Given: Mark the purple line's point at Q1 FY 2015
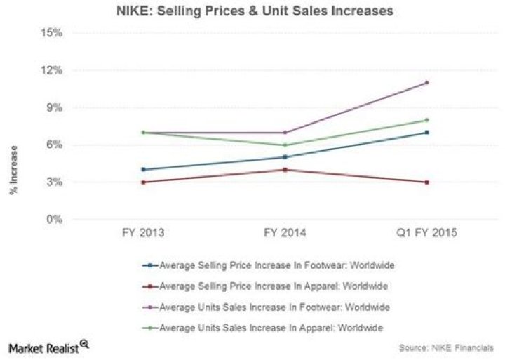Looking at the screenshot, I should (426, 83).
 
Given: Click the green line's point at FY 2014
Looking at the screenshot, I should (284, 145).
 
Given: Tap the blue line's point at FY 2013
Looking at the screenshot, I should (143, 170).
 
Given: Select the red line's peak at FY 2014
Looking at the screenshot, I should (284, 170).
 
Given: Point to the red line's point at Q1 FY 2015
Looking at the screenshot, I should (426, 182).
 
